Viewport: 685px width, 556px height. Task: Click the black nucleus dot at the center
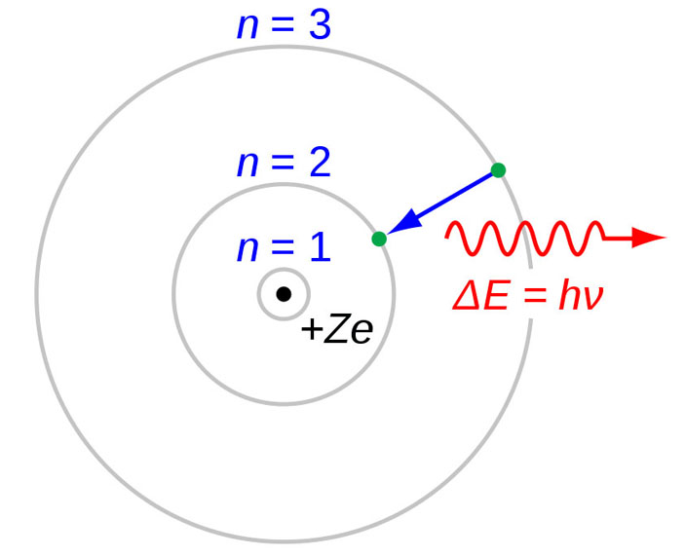(x=284, y=294)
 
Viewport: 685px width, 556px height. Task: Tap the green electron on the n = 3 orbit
(x=498, y=169)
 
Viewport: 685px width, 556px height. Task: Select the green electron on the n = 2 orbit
(x=379, y=239)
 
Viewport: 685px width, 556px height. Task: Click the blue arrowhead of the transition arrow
(x=404, y=223)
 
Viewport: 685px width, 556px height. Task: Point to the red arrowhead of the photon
(x=649, y=238)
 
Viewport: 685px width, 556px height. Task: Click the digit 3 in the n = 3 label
(x=320, y=24)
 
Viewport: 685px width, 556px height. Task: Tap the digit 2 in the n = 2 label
(x=321, y=162)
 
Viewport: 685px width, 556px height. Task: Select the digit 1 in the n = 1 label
(x=322, y=246)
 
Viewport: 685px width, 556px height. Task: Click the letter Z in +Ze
(x=338, y=328)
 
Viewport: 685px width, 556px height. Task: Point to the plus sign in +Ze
(x=312, y=329)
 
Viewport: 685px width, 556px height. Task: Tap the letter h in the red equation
(x=569, y=295)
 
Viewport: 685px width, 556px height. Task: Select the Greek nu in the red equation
(x=592, y=299)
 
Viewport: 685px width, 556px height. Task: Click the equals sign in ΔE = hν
(x=533, y=297)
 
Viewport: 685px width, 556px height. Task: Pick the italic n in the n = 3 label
(x=247, y=28)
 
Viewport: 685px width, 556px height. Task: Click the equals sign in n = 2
(x=284, y=164)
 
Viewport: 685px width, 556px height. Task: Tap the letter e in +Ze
(x=362, y=332)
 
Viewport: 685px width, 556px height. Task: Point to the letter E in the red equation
(x=495, y=295)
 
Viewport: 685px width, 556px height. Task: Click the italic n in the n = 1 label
(x=247, y=250)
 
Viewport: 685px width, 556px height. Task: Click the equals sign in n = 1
(x=284, y=248)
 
